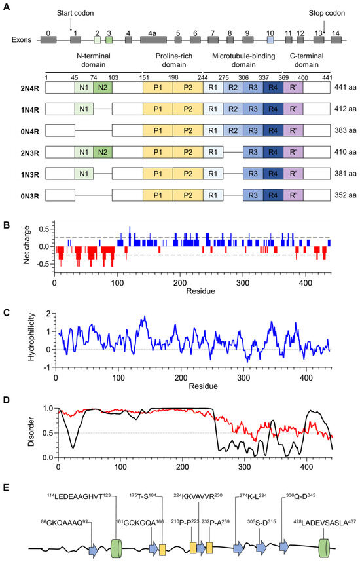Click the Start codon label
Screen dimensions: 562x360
[71, 14]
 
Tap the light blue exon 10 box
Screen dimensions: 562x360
[270, 39]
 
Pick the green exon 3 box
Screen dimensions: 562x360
[109, 39]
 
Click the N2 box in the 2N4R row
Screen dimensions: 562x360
[102, 86]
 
